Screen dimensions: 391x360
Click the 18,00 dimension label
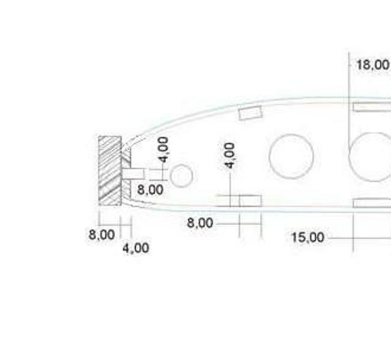click(373, 65)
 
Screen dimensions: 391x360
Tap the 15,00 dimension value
click(308, 238)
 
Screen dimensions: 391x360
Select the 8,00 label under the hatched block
click(102, 235)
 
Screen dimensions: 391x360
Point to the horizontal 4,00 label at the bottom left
click(136, 248)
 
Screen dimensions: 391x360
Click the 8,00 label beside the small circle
click(150, 190)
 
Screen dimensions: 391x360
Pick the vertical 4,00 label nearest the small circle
click(163, 149)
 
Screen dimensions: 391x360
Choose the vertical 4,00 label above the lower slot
click(229, 155)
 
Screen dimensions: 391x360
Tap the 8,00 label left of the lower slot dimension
click(200, 223)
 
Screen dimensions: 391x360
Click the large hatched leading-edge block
click(110, 170)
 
